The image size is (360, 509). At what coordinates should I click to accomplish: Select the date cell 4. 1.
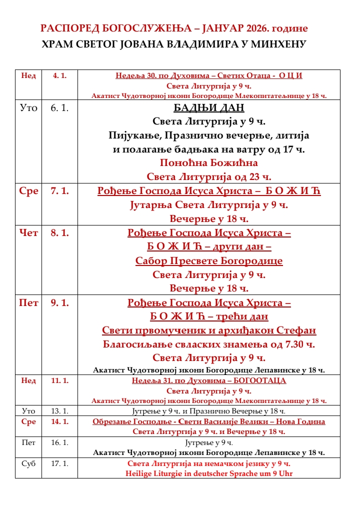[59, 75]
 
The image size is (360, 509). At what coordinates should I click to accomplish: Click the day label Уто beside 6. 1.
[28, 108]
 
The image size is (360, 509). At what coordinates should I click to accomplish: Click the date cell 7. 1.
[59, 191]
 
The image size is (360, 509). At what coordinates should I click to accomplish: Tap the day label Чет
[28, 233]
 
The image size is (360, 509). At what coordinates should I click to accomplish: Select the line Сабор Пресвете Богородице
[209, 261]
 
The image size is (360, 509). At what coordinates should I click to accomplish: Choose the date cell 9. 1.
[59, 302]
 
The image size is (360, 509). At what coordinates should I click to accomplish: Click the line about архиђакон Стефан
[209, 330]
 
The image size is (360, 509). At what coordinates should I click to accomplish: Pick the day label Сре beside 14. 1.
[28, 421]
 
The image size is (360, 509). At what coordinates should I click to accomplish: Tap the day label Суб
[28, 463]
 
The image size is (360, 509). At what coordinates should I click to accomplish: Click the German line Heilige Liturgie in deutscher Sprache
[209, 473]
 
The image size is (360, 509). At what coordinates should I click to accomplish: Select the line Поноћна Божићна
[209, 162]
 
